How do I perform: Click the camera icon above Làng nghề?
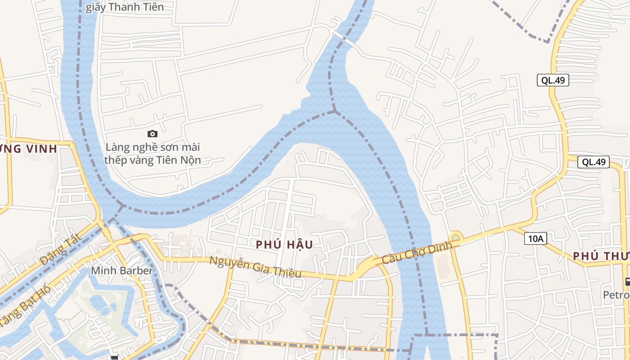coord(153,134)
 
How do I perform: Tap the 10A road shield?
coord(535,238)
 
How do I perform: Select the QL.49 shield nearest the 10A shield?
coord(594,162)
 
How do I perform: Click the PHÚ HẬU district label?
coord(284,244)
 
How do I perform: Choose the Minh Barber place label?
coord(122,270)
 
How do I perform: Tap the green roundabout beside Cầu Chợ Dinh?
coord(456,237)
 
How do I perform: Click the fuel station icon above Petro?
coord(627,282)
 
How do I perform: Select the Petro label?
coord(617,295)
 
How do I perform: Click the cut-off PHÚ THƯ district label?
coord(601,256)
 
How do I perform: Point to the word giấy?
coord(95,7)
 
